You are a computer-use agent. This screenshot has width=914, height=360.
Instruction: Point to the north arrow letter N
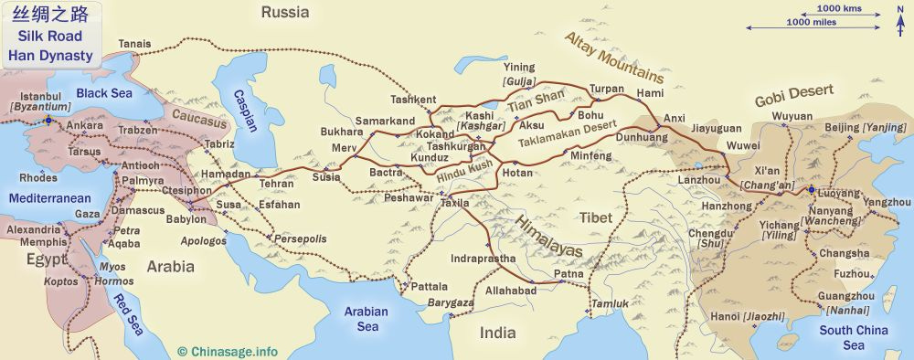[x=900, y=9]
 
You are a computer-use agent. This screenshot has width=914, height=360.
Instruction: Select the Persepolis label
[x=300, y=238]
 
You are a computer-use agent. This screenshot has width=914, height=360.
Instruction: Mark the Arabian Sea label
[x=367, y=319]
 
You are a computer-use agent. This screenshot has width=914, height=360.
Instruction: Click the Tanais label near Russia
[x=134, y=43]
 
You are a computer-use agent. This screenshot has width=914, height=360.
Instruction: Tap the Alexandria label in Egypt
[x=32, y=230]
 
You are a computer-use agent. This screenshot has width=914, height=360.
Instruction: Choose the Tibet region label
[x=594, y=217]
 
